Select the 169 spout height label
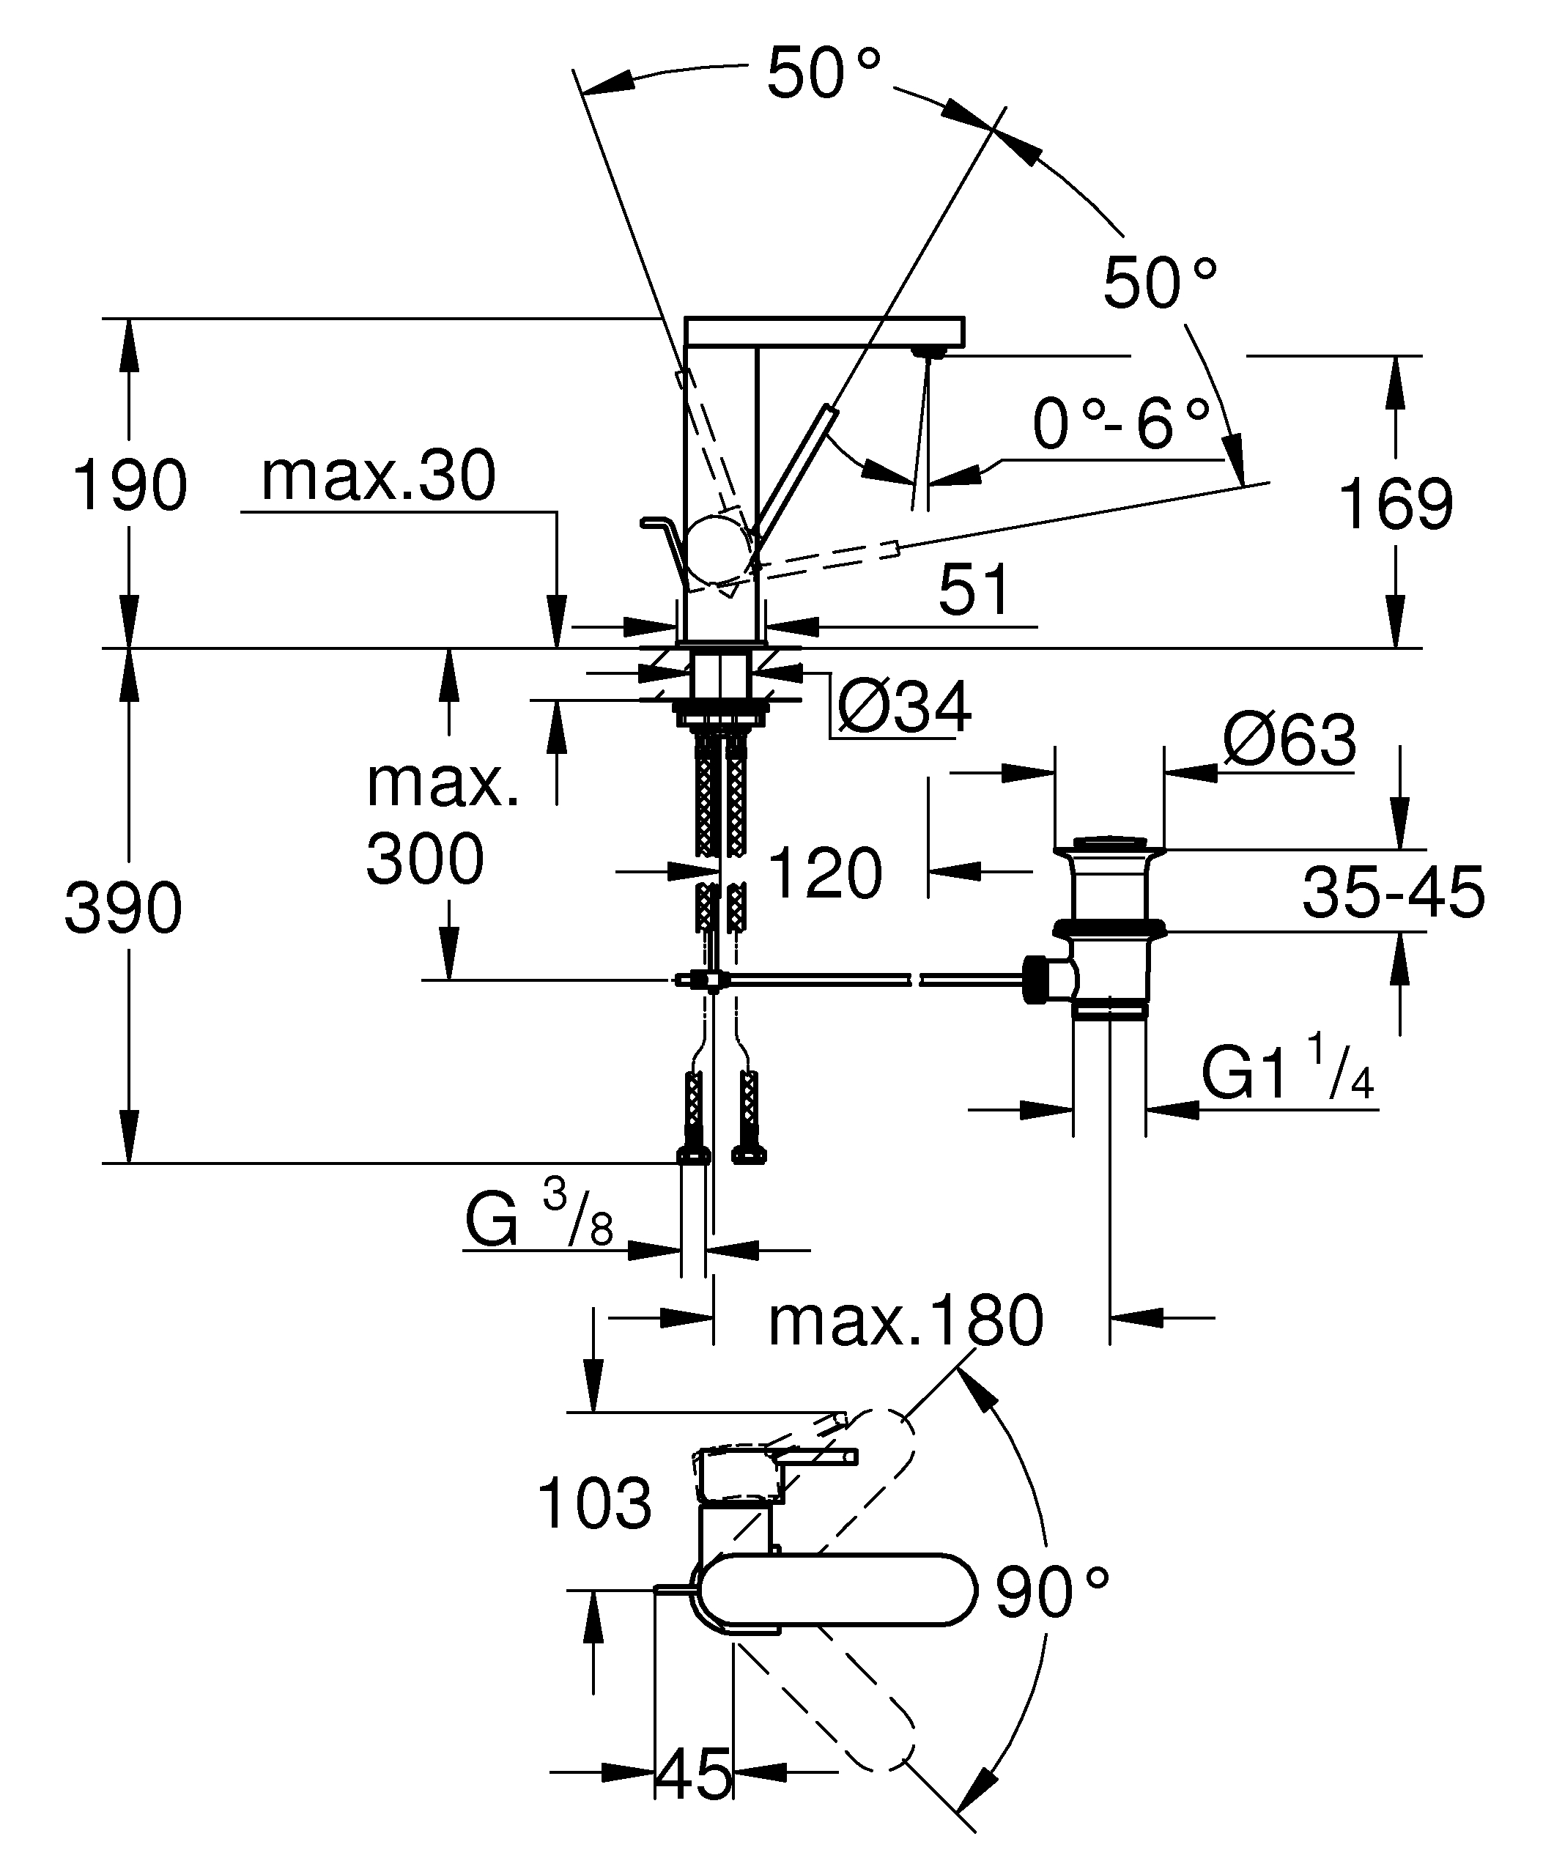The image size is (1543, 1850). (x=1395, y=504)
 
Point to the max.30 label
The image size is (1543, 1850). (x=379, y=476)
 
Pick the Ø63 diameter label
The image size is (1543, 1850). (x=1289, y=740)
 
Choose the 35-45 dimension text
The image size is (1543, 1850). (x=1394, y=892)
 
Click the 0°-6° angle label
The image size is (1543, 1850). (x=1121, y=423)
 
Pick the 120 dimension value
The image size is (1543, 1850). (x=825, y=873)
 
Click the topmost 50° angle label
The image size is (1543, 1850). (x=824, y=73)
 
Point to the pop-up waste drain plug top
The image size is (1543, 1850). (x=1110, y=843)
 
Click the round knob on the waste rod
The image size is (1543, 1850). (x=1039, y=979)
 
